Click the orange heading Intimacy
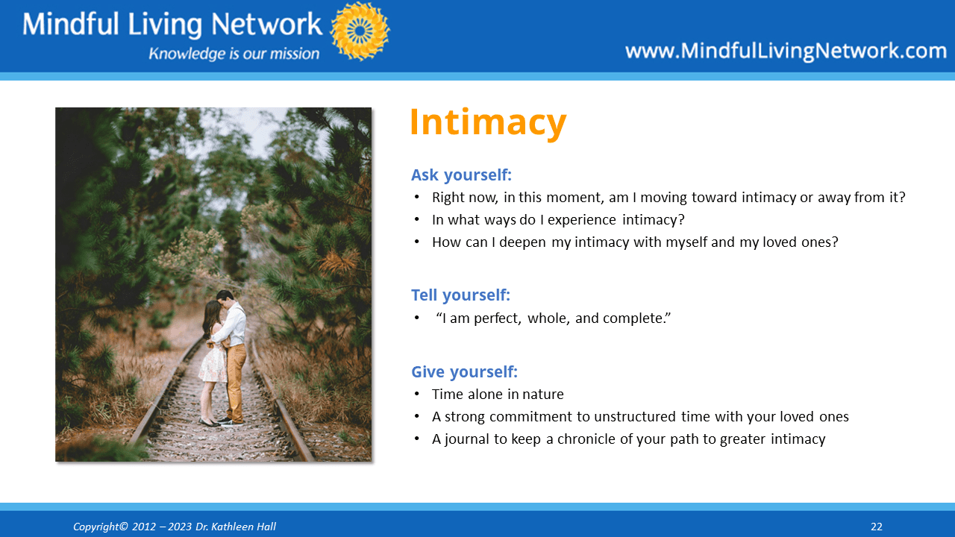pyautogui.click(x=488, y=123)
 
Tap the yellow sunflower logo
pyautogui.click(x=360, y=31)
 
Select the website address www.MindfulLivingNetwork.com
pyautogui.click(x=786, y=51)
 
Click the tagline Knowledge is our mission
pyautogui.click(x=234, y=54)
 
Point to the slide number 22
pyautogui.click(x=877, y=527)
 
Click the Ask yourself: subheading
pyautogui.click(x=461, y=175)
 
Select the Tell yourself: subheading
pyautogui.click(x=460, y=295)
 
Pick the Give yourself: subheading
pyautogui.click(x=464, y=371)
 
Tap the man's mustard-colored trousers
pyautogui.click(x=236, y=380)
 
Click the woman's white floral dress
pyautogui.click(x=213, y=362)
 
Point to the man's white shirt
pyautogui.click(x=234, y=324)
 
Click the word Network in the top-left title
pyautogui.click(x=266, y=24)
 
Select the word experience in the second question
pyautogui.click(x=581, y=220)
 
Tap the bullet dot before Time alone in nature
pyautogui.click(x=417, y=394)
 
